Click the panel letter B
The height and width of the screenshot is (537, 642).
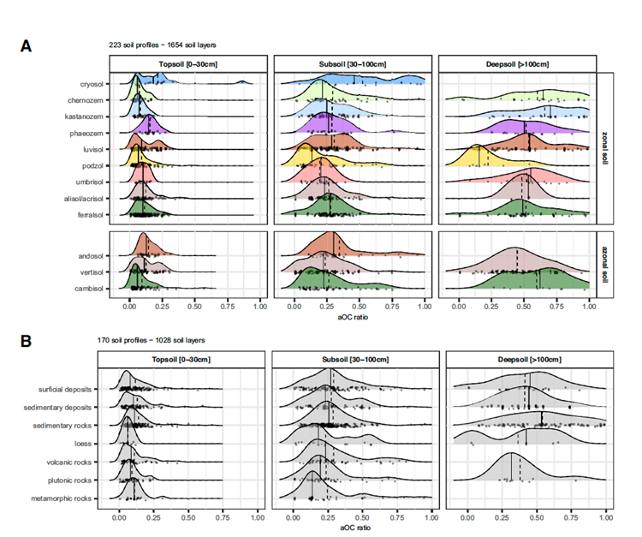[x=27, y=341]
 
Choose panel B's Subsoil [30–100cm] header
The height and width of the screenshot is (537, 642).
[x=355, y=360]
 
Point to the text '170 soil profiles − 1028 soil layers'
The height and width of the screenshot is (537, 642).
[x=148, y=341]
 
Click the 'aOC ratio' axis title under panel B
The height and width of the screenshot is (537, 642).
[x=355, y=528]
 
